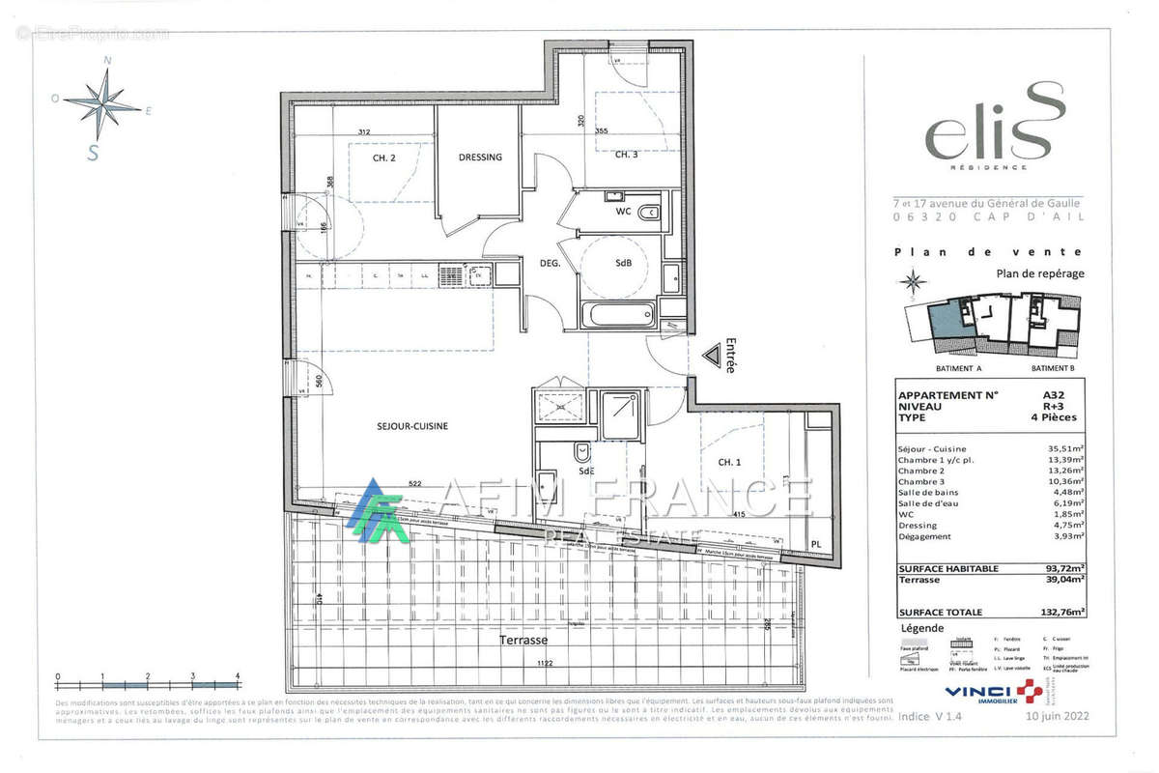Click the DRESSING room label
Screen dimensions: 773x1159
(480, 157)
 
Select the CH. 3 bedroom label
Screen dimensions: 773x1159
(626, 155)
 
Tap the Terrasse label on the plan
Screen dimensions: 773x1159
(523, 641)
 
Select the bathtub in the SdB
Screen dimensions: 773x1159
(619, 315)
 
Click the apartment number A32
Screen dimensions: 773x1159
(1055, 395)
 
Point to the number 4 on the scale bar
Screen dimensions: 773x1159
(238, 676)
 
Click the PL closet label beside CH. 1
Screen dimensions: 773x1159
(815, 546)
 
